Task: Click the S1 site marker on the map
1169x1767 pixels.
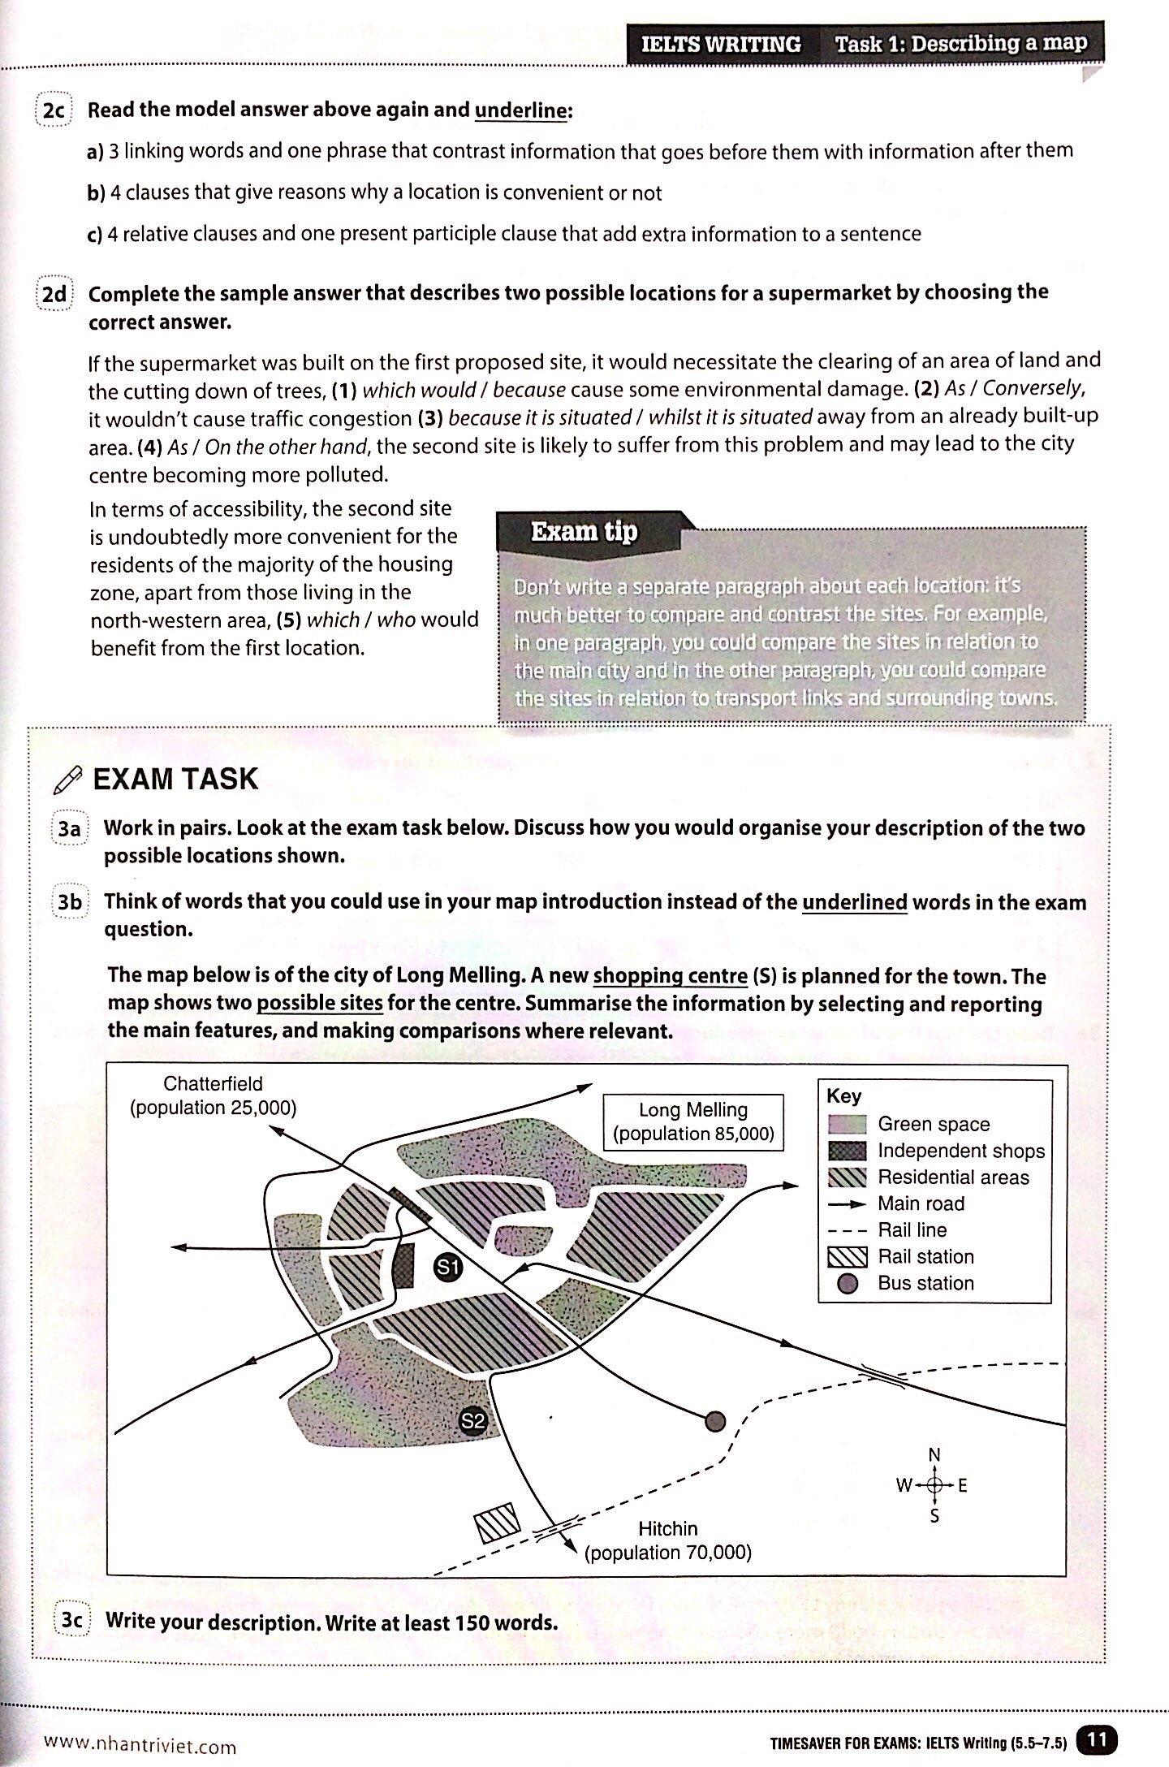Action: tap(447, 1267)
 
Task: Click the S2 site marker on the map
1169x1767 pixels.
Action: tap(472, 1420)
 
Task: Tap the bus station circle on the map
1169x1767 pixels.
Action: tap(714, 1420)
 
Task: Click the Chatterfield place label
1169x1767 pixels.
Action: tap(213, 1095)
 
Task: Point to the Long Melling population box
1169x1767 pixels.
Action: tap(693, 1121)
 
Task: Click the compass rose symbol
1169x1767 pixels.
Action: tap(934, 1485)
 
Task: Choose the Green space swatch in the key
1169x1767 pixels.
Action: tap(848, 1124)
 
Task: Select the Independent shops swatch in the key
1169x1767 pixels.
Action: tap(848, 1151)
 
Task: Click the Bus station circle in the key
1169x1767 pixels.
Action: tap(848, 1284)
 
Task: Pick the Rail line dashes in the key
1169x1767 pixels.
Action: tap(848, 1230)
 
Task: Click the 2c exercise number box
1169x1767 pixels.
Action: tap(54, 110)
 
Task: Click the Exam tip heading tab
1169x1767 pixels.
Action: tap(584, 532)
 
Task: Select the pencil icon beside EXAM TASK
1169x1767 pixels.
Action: tap(67, 780)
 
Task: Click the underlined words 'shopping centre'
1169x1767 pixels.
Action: tap(670, 976)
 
